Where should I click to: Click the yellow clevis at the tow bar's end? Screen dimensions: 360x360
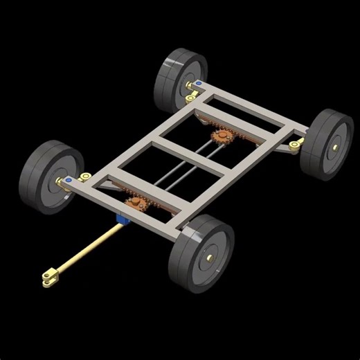(49, 278)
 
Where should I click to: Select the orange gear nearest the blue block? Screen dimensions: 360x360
(135, 204)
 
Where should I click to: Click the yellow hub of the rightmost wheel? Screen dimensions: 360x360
(336, 146)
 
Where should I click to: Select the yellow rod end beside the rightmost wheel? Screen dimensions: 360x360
(296, 145)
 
